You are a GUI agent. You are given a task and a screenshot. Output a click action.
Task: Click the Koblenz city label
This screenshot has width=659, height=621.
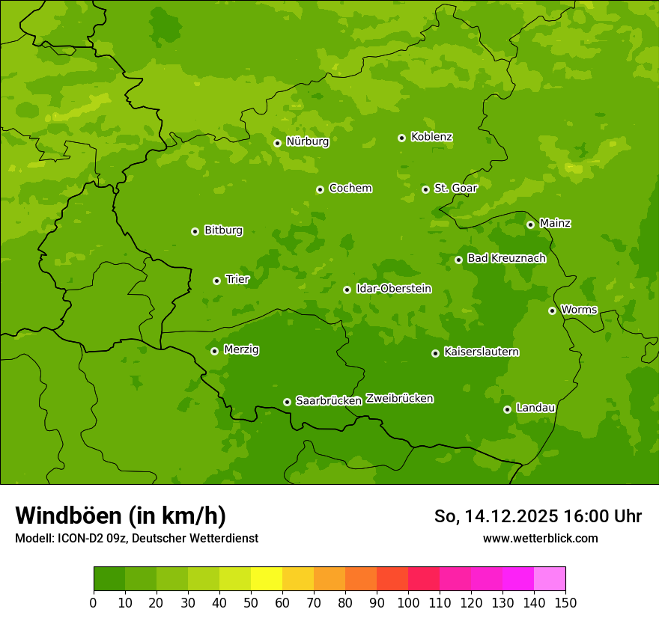[432, 137]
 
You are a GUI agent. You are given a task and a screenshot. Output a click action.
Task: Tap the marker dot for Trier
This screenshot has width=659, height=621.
[217, 281]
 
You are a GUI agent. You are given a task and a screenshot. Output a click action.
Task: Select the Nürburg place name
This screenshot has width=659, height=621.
[307, 141]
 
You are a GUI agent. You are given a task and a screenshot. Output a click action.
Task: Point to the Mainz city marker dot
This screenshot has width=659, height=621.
[530, 224]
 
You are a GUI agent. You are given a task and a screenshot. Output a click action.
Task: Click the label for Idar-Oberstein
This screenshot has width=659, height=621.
[394, 289]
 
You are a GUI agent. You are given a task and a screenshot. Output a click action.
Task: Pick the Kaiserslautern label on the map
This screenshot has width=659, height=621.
[482, 352]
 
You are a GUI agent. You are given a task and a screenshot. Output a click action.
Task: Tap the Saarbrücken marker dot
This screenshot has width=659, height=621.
[287, 402]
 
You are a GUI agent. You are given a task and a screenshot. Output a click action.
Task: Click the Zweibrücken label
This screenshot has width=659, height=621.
[399, 399]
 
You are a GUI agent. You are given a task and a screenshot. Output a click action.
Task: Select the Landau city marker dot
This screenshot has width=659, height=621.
[507, 409]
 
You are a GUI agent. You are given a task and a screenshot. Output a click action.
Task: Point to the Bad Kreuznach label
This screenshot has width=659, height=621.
[506, 258]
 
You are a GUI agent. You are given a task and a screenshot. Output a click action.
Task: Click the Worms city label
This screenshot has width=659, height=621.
[579, 310]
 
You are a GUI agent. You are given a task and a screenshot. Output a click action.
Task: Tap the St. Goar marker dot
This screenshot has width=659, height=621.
[425, 189]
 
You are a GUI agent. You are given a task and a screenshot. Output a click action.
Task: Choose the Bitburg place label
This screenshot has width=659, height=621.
[223, 230]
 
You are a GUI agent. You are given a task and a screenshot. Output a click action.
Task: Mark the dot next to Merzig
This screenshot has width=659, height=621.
[214, 351]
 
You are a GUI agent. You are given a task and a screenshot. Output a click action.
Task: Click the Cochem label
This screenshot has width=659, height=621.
[350, 188]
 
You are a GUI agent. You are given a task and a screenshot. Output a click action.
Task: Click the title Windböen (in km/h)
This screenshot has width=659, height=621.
[120, 516]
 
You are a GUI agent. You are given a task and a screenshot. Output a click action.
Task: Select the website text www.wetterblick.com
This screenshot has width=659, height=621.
[540, 538]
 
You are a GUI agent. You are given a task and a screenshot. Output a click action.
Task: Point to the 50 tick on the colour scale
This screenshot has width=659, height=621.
[251, 602]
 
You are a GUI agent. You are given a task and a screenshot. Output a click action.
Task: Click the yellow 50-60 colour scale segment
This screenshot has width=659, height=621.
[267, 578]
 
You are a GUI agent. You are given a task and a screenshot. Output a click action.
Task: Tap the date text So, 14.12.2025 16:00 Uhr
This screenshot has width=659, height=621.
[538, 516]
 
